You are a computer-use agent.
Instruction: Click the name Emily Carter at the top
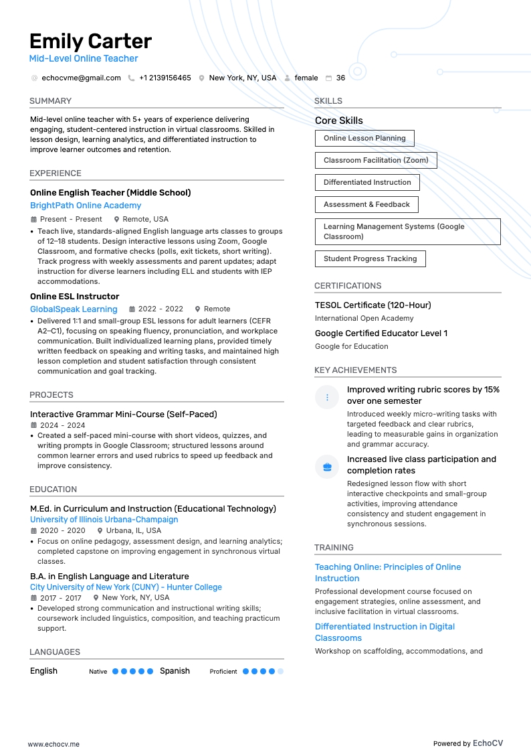pos(90,41)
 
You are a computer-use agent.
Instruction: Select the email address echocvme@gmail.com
pos(81,78)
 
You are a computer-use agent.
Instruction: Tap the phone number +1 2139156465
pos(165,78)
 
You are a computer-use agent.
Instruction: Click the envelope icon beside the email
pos(34,78)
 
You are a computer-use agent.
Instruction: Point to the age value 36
pos(340,78)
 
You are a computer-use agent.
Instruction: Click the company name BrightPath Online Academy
pos(86,206)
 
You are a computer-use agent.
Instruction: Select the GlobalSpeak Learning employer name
pos(74,309)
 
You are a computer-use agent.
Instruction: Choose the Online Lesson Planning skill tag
pos(364,138)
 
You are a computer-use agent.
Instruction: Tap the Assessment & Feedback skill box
pos(366,204)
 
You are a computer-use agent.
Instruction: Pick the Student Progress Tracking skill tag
pos(370,258)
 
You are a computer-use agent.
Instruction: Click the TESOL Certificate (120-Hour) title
pos(373,305)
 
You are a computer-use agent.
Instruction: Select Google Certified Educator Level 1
pos(381,333)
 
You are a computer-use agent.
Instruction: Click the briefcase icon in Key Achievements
pos(327,467)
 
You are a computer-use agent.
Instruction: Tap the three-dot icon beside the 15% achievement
pos(327,397)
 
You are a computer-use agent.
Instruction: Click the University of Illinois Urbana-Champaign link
pos(104,520)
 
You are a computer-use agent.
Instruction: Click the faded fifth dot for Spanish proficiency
pos(280,671)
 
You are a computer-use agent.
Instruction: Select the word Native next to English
pos(98,672)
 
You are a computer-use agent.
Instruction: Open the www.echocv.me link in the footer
pos(54,744)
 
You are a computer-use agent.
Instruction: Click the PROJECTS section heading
pos(51,395)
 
